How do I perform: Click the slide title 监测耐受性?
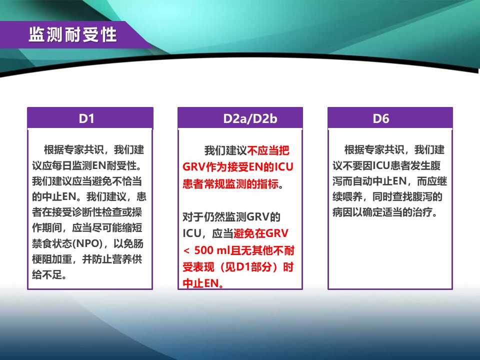click(x=72, y=34)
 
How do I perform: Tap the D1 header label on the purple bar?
click(x=86, y=118)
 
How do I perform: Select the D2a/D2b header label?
click(x=250, y=119)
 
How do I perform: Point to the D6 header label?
click(x=381, y=118)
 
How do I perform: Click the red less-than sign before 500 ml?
click(x=186, y=250)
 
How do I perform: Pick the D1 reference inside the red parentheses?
click(x=244, y=267)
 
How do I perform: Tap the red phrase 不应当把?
click(x=268, y=150)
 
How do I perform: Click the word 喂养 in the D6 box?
click(x=352, y=196)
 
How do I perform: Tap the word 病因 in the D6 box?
click(x=342, y=212)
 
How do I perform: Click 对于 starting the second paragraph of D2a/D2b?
click(x=193, y=217)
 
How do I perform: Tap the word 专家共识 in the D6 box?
click(x=384, y=149)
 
